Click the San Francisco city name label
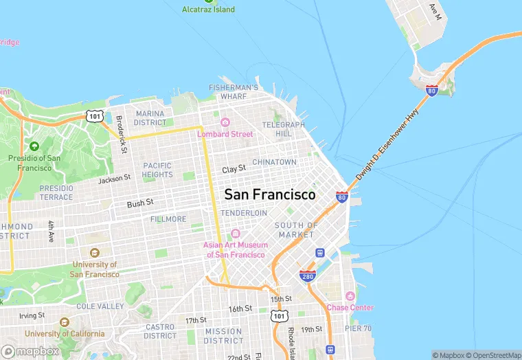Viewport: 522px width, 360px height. [x=270, y=194]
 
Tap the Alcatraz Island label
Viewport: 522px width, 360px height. [x=208, y=10]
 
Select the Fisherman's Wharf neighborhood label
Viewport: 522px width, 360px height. [x=234, y=92]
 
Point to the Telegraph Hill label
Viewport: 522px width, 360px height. [x=283, y=129]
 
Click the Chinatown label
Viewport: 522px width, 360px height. [x=274, y=162]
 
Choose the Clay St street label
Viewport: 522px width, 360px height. [x=234, y=169]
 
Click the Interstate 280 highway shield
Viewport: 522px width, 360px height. [x=307, y=276]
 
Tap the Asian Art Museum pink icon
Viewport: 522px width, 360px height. [x=236, y=234]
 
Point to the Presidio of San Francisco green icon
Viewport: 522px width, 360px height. [x=34, y=146]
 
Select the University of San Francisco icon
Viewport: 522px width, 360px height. [x=94, y=252]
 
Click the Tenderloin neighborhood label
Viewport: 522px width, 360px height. [x=243, y=213]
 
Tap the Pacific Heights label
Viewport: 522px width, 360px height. [x=157, y=170]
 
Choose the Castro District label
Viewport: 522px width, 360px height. [x=160, y=331]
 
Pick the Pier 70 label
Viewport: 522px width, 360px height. [x=358, y=328]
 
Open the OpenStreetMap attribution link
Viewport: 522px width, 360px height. [x=492, y=355]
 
